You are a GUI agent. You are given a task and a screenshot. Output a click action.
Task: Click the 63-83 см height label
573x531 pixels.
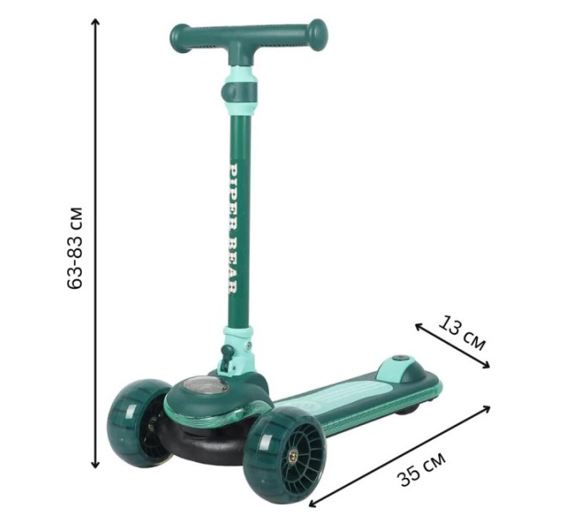(x=76, y=249)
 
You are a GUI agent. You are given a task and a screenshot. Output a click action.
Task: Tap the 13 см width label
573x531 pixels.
(x=462, y=333)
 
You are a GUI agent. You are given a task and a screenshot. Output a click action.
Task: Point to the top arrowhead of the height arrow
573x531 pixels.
(x=95, y=22)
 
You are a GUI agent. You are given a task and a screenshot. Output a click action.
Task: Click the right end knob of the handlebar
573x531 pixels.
(x=317, y=34)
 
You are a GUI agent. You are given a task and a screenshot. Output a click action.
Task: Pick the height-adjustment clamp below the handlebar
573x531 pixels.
(x=239, y=92)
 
